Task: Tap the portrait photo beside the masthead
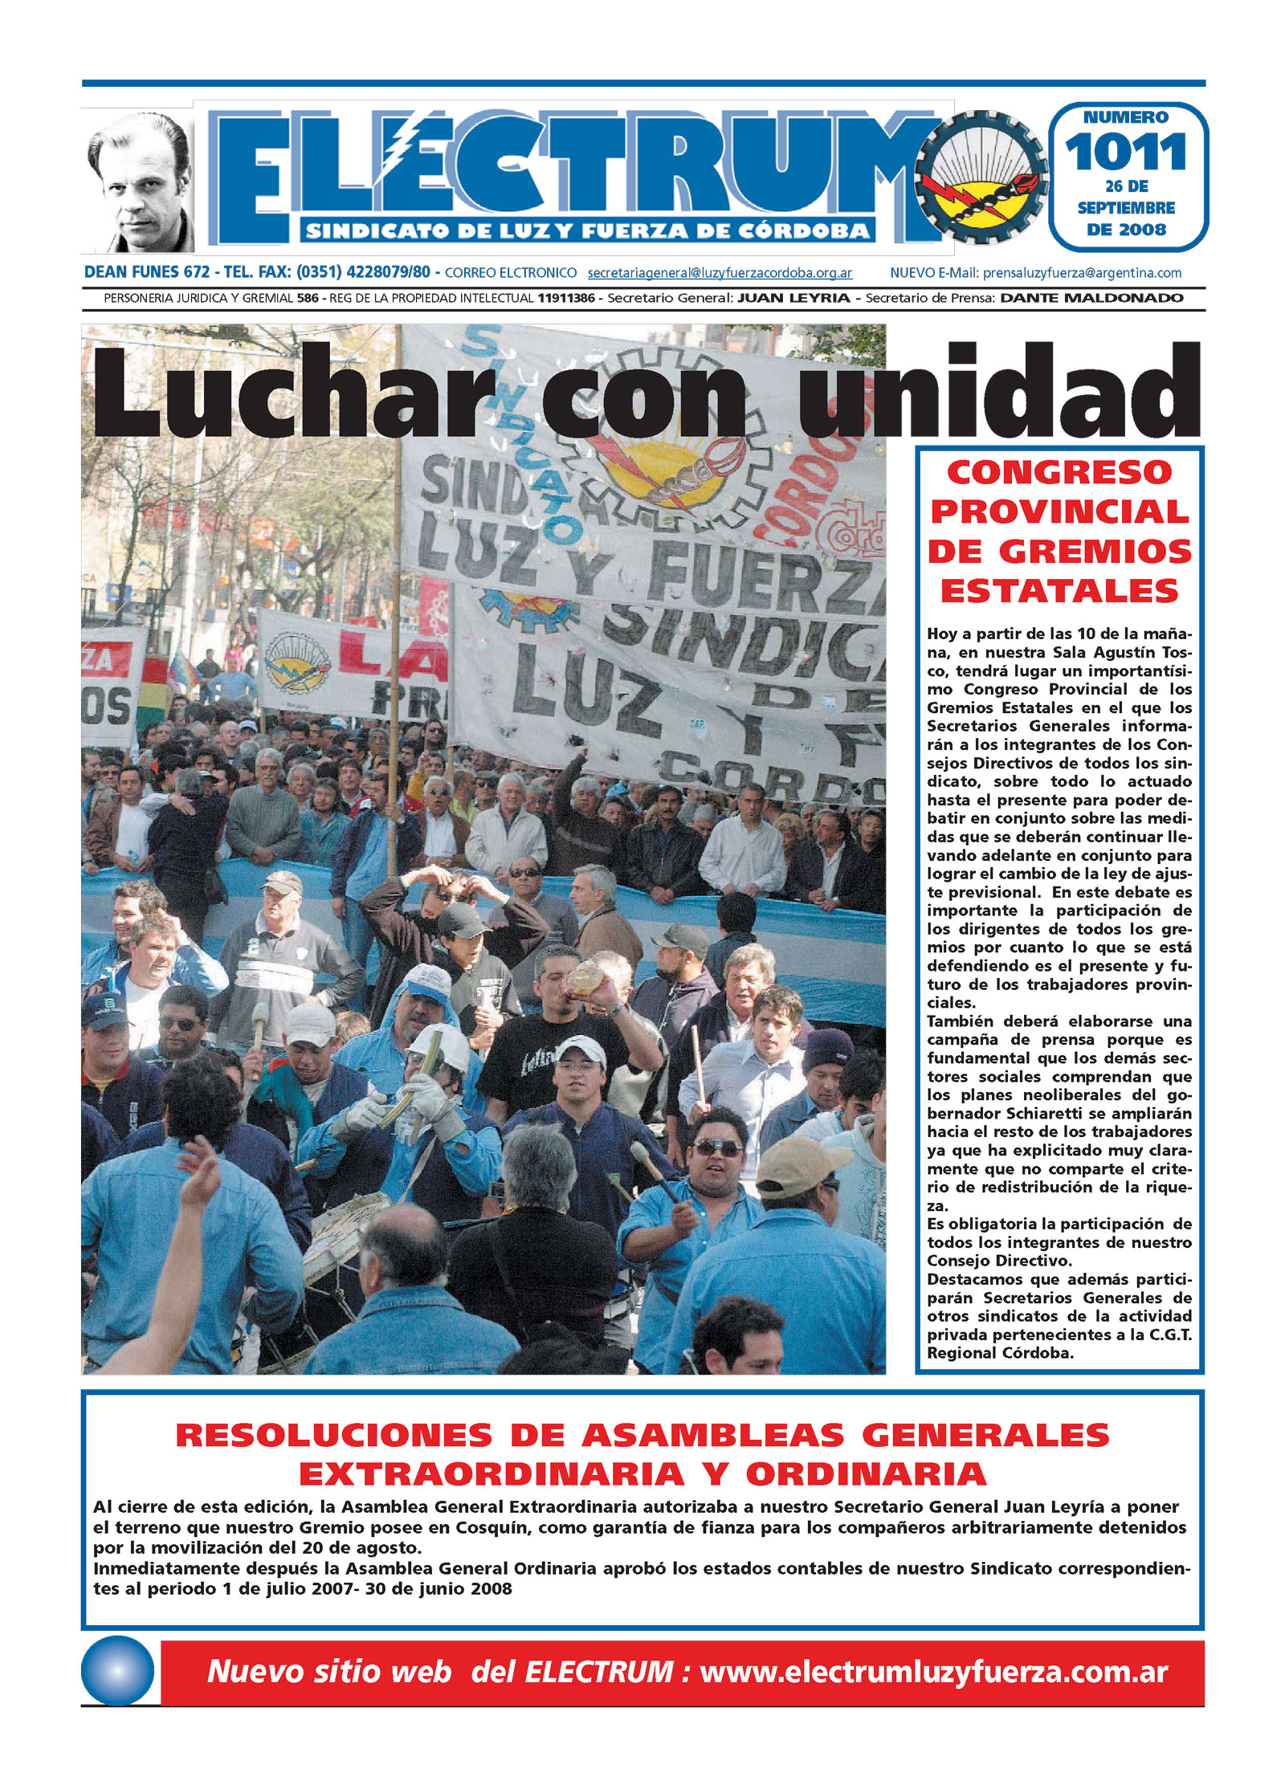(139, 181)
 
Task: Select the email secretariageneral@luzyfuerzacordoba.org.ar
(720, 273)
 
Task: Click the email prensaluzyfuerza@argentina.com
(1082, 273)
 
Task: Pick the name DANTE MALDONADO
(1091, 298)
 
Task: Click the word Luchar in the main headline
(293, 393)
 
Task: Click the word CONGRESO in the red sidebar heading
(1059, 473)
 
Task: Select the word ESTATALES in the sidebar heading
(1059, 592)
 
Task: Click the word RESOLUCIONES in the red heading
(333, 1435)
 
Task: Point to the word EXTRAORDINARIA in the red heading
(492, 1474)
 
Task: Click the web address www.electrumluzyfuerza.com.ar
(933, 1671)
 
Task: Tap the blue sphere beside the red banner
(117, 1670)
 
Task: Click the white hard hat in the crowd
(438, 1045)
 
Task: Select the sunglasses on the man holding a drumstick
(717, 1149)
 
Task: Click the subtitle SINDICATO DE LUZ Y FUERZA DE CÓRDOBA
(588, 232)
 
